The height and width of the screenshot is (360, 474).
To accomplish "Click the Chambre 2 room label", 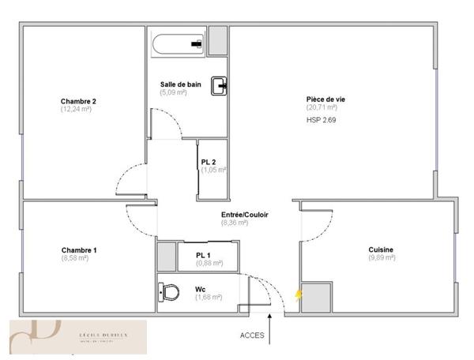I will (78, 101).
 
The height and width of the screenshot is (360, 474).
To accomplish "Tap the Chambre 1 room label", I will (79, 250).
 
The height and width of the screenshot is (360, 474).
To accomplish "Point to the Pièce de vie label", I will (325, 99).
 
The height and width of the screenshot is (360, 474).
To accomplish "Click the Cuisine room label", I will (381, 250).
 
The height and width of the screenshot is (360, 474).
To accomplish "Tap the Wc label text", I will (200, 289).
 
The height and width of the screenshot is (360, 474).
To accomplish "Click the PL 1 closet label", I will (204, 255).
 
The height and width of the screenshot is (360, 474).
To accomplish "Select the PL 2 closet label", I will (209, 162).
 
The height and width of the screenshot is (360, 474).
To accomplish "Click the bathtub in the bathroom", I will (178, 44).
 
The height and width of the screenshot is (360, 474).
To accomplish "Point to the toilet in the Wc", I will (169, 293).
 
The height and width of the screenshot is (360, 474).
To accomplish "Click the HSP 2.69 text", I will (322, 120).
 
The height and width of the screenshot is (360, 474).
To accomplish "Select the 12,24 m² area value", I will (77, 109).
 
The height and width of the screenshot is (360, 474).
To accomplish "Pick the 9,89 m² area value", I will (381, 258).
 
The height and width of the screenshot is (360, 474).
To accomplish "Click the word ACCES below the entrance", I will (252, 335).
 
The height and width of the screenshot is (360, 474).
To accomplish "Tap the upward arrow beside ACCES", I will (271, 329).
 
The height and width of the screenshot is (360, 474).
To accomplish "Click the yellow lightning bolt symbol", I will (298, 294).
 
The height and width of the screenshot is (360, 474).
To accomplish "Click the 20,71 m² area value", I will (322, 107).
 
